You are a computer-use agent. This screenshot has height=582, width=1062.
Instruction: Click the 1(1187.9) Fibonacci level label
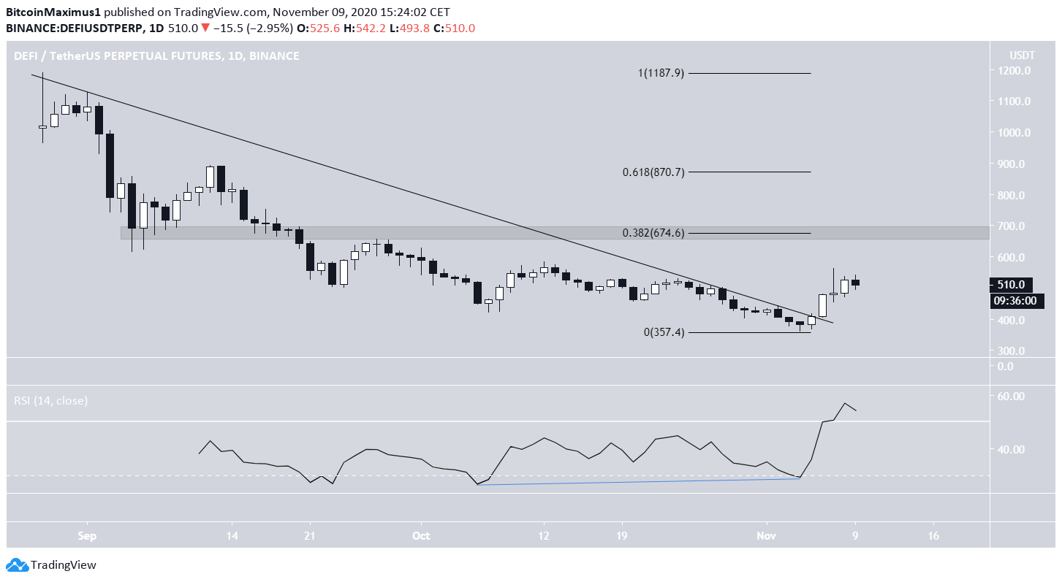661,73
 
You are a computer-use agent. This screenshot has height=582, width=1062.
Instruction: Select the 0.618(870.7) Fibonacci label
653,172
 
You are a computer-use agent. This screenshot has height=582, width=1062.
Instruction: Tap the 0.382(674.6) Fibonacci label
653,233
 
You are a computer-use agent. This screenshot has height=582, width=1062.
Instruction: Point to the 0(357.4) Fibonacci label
664,332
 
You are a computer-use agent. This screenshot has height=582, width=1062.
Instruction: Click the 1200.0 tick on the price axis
1012,71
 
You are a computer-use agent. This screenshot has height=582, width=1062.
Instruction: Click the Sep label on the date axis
87,535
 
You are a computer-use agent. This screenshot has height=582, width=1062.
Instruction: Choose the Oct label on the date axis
421,535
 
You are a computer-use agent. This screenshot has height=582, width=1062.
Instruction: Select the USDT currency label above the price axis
1012,55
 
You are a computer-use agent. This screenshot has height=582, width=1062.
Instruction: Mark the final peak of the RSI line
845,403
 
